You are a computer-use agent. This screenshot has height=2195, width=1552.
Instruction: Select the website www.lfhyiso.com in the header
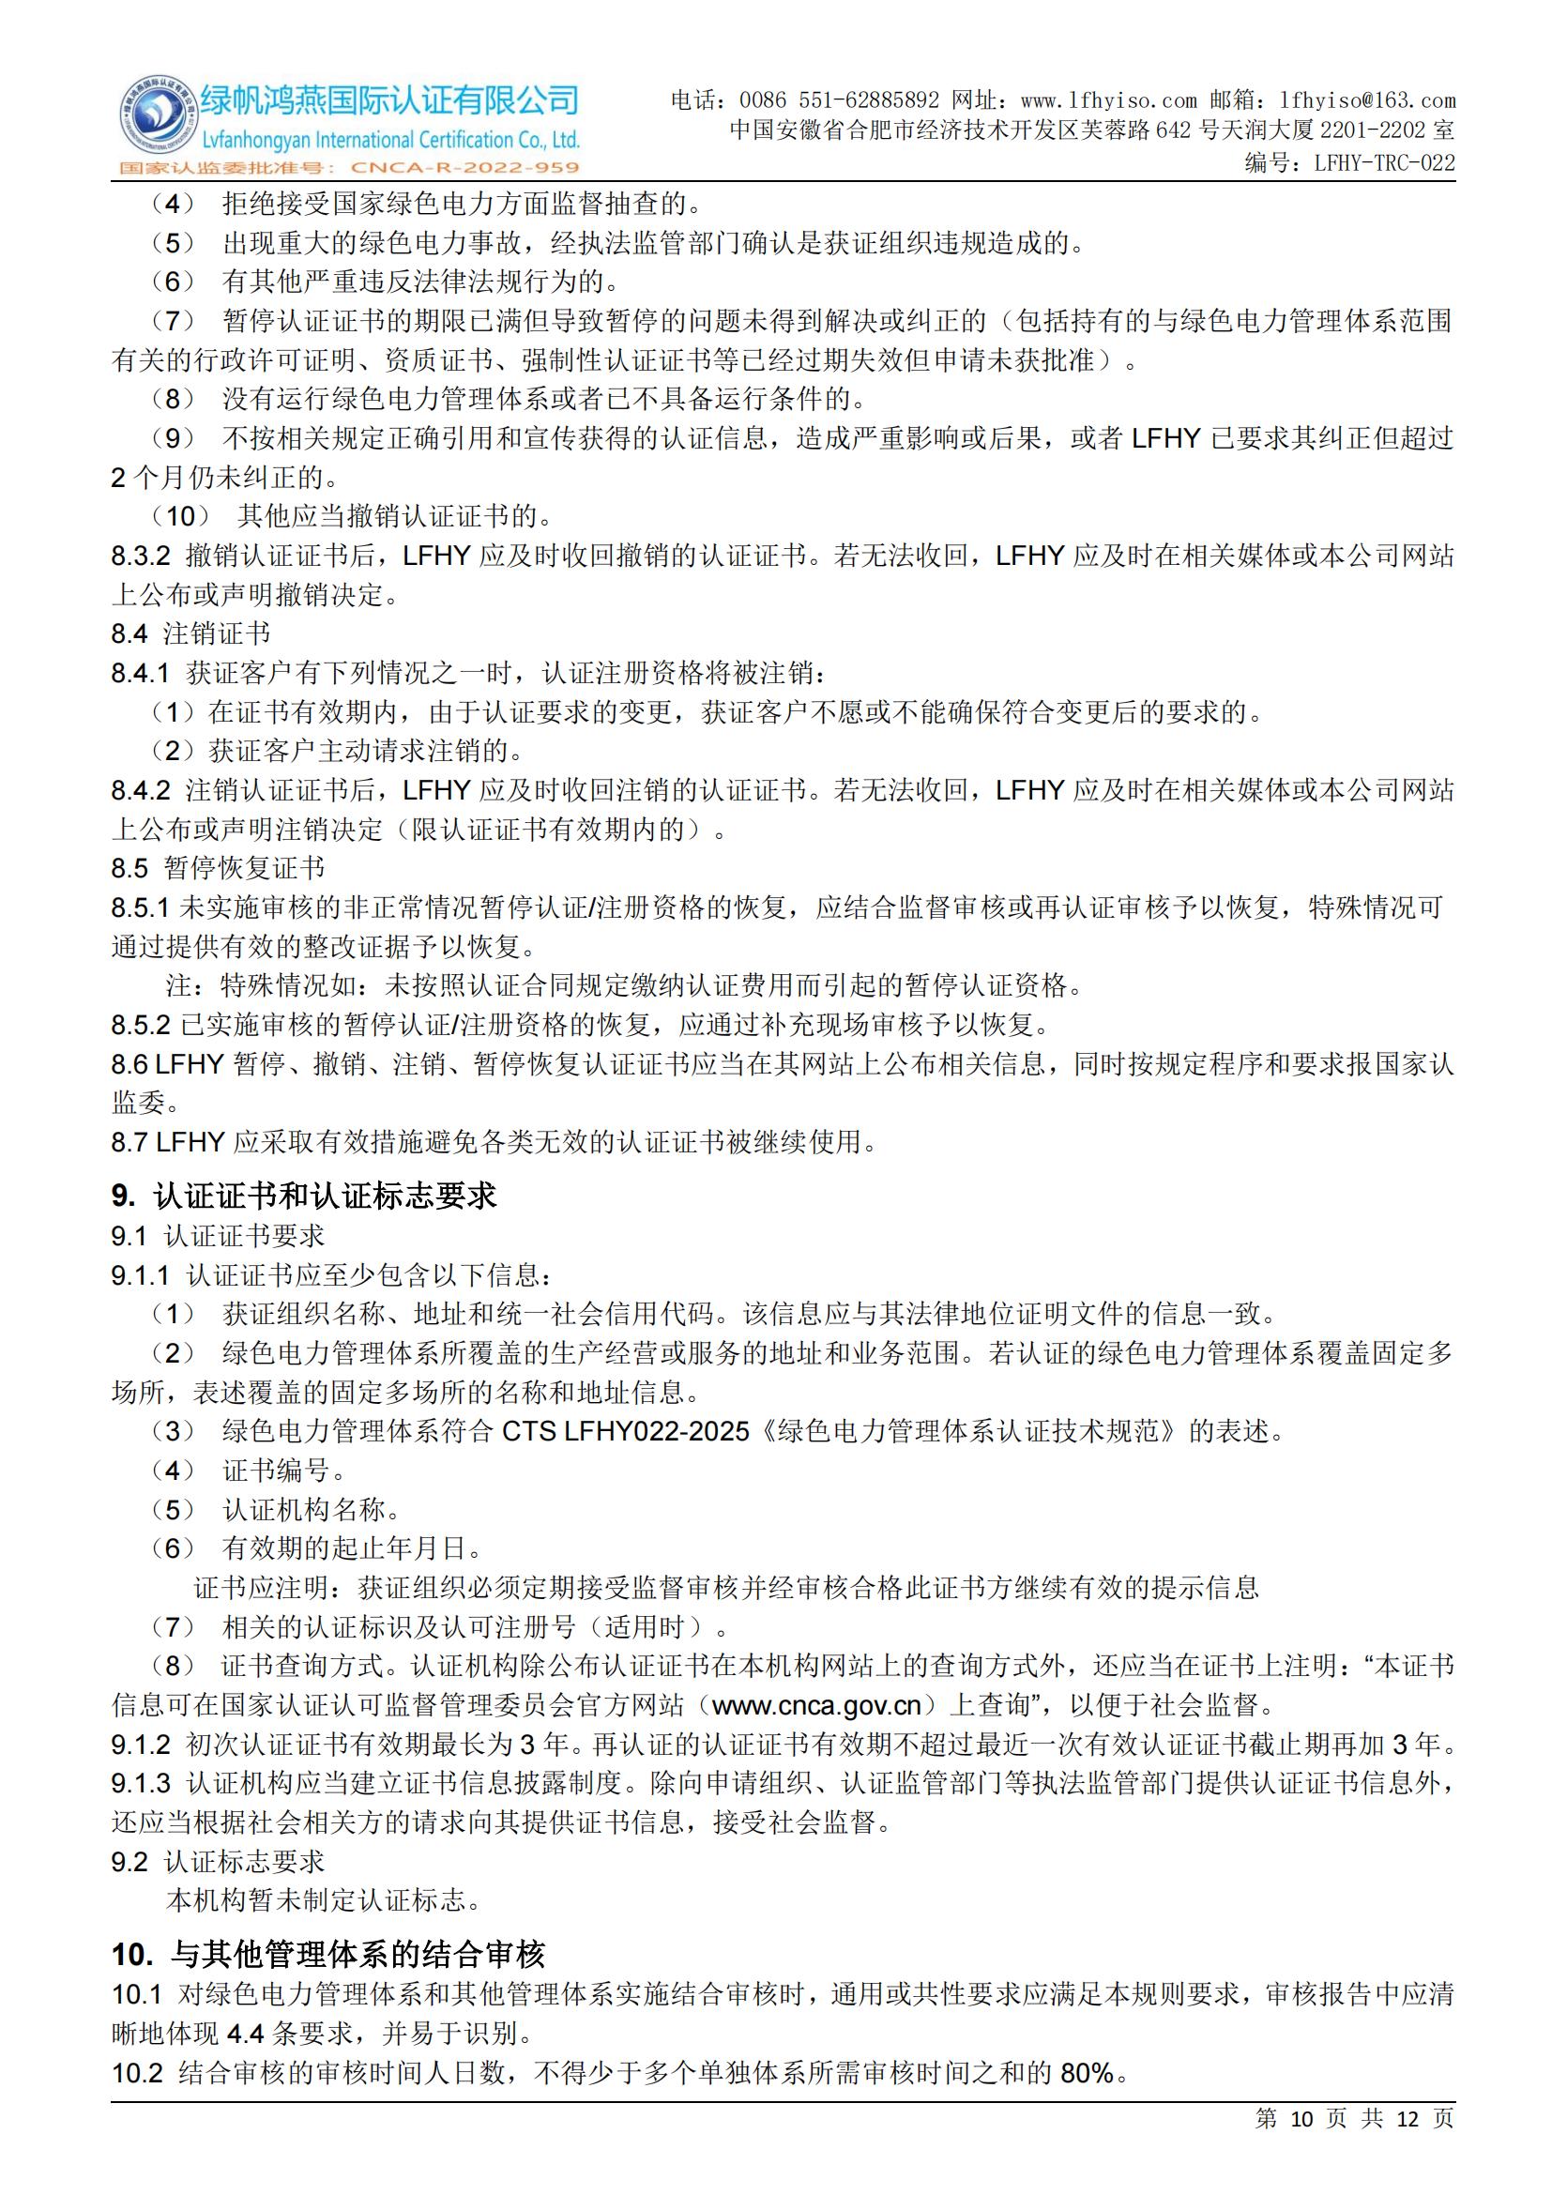tap(1108, 100)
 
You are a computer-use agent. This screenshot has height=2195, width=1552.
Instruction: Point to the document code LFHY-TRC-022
tap(1385, 162)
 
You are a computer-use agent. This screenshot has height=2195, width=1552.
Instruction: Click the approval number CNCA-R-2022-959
tap(465, 168)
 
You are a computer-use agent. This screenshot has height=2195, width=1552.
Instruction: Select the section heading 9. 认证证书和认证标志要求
tap(304, 1196)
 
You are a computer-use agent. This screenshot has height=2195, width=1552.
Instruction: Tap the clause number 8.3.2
tap(141, 556)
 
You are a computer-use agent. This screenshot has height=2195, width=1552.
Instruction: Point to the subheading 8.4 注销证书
tap(190, 633)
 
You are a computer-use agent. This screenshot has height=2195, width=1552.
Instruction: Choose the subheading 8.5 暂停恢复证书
tap(218, 868)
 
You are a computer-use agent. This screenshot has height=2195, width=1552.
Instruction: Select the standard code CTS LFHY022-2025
tap(626, 1431)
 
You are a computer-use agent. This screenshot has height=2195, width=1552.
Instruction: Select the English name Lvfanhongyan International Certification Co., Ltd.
tap(391, 141)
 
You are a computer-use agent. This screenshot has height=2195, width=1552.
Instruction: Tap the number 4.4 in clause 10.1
tap(246, 2034)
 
